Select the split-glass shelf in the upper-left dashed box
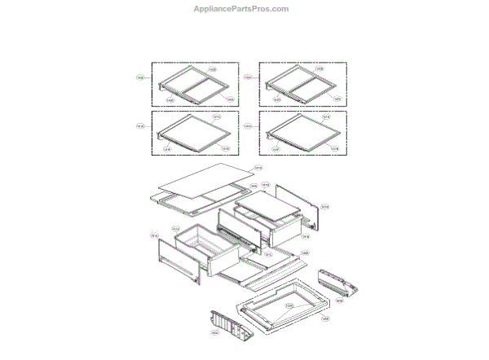pyautogui.click(x=192, y=84)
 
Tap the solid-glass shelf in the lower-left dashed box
pyautogui.click(x=191, y=132)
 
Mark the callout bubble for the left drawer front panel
pyautogui.click(x=153, y=236)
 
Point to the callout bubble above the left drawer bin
pyautogui.click(x=176, y=229)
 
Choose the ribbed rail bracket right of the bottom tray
pyautogui.click(x=339, y=283)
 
